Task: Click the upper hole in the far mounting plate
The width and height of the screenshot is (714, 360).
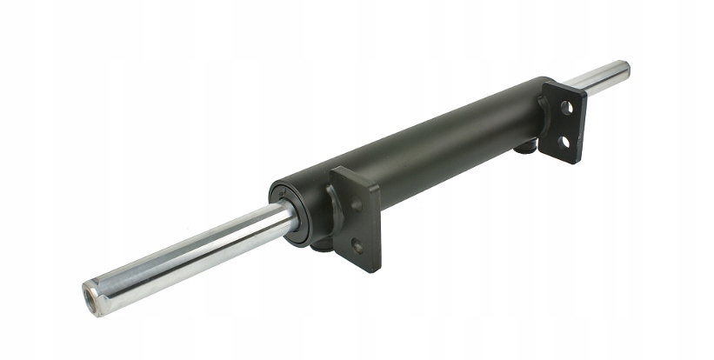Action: click(565, 108)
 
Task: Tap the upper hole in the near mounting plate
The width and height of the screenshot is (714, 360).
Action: click(357, 206)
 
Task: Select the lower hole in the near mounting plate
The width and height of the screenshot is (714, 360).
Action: click(357, 245)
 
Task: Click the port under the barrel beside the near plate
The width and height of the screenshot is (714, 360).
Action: click(319, 246)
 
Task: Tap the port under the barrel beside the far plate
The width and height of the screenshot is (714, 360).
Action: click(524, 148)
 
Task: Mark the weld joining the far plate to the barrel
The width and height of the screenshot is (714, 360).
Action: click(544, 113)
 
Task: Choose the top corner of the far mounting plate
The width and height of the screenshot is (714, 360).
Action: click(548, 83)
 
